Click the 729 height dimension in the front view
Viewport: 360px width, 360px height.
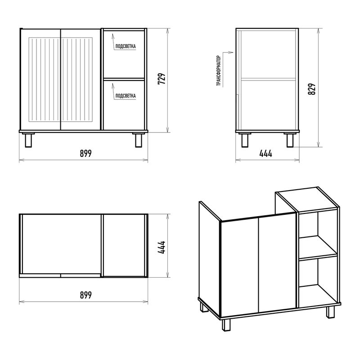coord(162,79)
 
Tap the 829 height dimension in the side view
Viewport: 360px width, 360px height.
coord(312,89)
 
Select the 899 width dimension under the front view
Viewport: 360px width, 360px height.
coord(86,153)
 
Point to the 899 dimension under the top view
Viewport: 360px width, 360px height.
coord(86,295)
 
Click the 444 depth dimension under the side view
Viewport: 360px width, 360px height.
coord(265,153)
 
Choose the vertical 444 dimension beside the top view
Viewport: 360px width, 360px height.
coord(162,247)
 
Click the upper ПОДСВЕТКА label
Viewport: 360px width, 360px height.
coord(126,46)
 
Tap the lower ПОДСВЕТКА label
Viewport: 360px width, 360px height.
coord(126,96)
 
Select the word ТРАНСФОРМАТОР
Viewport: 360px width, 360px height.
coord(219,71)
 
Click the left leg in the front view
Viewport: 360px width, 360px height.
coord(28,140)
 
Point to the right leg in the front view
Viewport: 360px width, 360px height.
coord(139,140)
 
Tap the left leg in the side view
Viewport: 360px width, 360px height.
coord(245,140)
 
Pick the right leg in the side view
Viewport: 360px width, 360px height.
coord(290,140)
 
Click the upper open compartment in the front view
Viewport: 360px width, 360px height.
coord(124,54)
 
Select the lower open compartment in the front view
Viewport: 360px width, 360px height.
coord(124,105)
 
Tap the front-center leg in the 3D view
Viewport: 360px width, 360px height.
coord(226,324)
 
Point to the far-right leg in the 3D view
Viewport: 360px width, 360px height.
coord(331,312)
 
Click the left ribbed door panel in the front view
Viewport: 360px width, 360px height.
coord(44,80)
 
